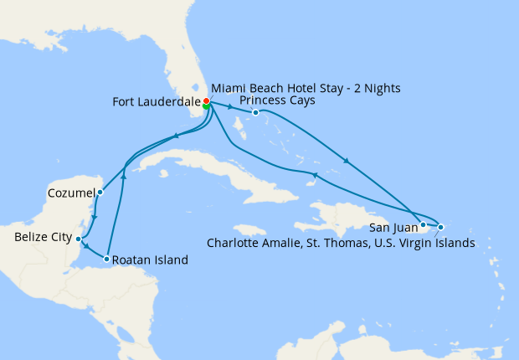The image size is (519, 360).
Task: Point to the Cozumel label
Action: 70,193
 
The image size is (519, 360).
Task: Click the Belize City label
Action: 43,238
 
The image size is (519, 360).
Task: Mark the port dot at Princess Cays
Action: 255,112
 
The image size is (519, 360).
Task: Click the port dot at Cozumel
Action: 100,192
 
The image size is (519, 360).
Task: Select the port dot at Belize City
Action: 78,239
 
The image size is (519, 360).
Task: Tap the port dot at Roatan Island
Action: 107,259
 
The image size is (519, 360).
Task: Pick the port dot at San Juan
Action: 424,224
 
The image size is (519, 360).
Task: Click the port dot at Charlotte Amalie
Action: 440,227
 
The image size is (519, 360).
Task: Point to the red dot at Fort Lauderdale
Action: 206,102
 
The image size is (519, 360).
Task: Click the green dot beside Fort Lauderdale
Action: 206,107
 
